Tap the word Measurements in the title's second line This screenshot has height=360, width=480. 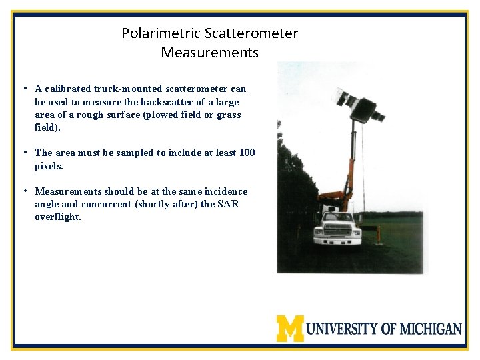[x=209, y=52]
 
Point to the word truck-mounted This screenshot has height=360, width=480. [x=133, y=89]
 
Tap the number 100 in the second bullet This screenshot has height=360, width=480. [x=246, y=153]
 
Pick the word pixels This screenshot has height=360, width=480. [x=49, y=166]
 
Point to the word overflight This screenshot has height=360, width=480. [x=57, y=217]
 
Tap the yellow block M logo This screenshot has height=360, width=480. [x=290, y=328]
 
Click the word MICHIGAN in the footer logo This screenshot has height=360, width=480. [x=431, y=329]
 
